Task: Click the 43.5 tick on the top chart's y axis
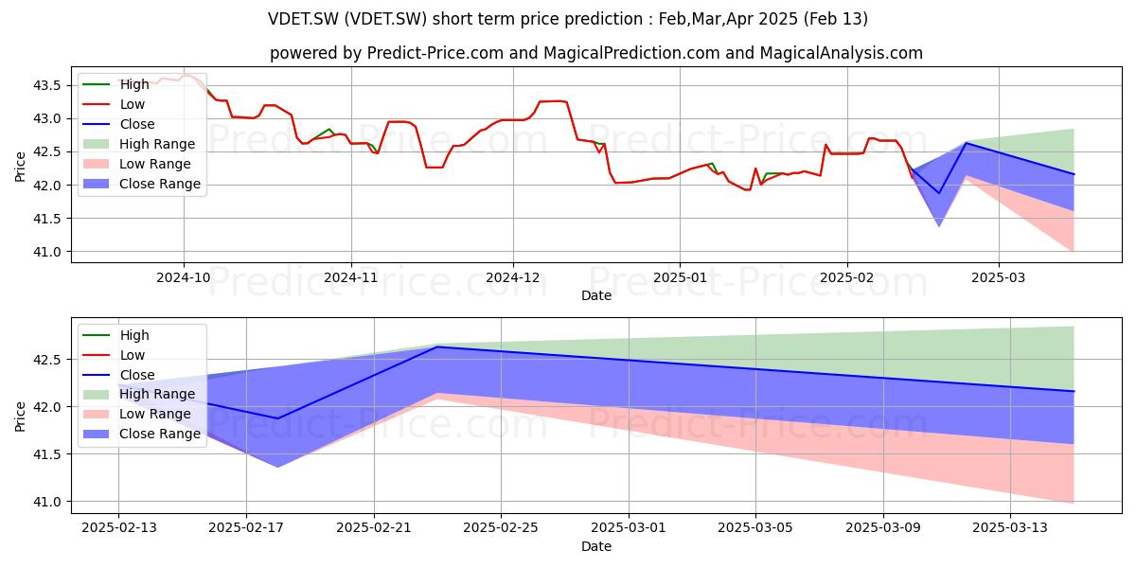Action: (46, 85)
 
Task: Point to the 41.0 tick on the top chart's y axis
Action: (46, 252)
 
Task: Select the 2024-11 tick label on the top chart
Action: (351, 278)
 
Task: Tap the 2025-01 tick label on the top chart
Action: (680, 278)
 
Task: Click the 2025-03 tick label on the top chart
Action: (998, 278)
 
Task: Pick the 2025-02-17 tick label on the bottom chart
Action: (246, 528)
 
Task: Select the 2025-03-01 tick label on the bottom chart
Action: (629, 528)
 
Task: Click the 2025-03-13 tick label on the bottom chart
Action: (1010, 528)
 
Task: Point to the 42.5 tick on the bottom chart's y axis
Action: (46, 360)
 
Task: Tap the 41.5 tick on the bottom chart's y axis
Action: (46, 455)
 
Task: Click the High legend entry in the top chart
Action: (115, 84)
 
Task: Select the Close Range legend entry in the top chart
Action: (141, 184)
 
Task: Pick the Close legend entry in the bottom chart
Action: (118, 375)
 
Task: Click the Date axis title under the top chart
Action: (596, 295)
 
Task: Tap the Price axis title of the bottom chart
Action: (20, 417)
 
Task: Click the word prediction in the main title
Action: (604, 19)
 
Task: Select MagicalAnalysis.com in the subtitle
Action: (842, 53)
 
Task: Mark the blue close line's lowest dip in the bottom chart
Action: (278, 418)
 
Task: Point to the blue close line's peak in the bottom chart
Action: (437, 346)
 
